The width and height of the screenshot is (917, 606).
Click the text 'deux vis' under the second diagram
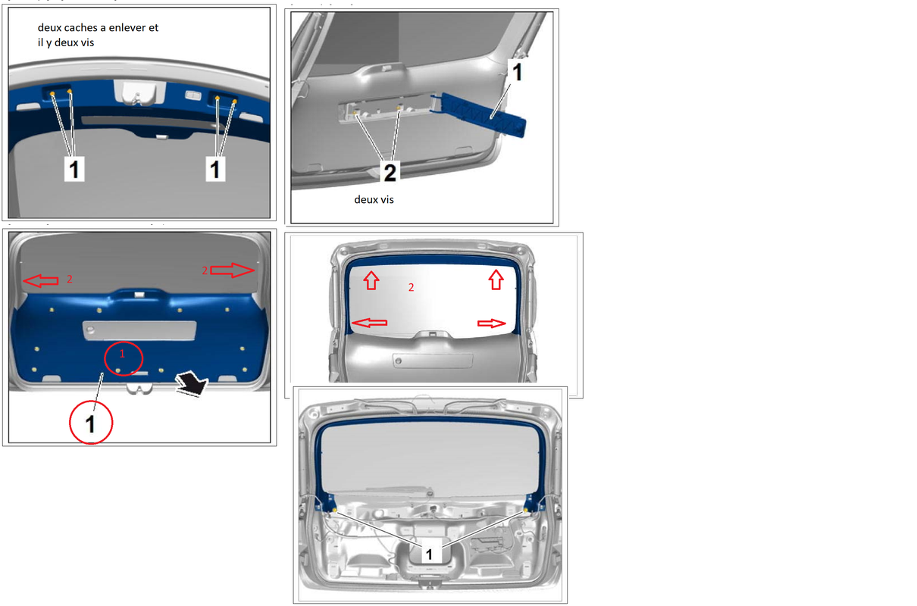[x=374, y=200]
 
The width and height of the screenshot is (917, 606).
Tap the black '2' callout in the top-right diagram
[x=390, y=172]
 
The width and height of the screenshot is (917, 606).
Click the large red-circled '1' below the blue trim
[x=91, y=423]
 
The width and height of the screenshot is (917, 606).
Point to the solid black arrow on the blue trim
[x=192, y=383]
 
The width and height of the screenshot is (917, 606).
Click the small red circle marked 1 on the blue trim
[x=124, y=358]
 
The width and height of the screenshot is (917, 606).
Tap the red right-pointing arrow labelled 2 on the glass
[x=232, y=270]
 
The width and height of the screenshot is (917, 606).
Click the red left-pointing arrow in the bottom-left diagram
[x=40, y=281]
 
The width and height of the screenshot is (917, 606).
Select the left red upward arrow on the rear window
[x=371, y=280]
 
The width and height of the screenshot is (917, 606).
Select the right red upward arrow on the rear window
[x=496, y=280]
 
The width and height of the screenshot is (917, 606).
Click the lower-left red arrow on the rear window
[x=369, y=323]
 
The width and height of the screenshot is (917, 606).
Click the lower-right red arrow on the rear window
[x=491, y=323]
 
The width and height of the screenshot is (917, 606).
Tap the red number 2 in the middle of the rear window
[x=411, y=287]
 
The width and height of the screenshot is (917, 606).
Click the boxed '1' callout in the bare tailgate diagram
[x=429, y=554]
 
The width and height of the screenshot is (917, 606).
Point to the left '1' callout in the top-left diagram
[x=74, y=169]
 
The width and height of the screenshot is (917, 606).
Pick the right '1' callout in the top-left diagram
[x=215, y=169]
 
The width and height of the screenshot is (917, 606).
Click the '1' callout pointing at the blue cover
[x=518, y=72]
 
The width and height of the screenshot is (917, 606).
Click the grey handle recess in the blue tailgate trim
[x=139, y=330]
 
